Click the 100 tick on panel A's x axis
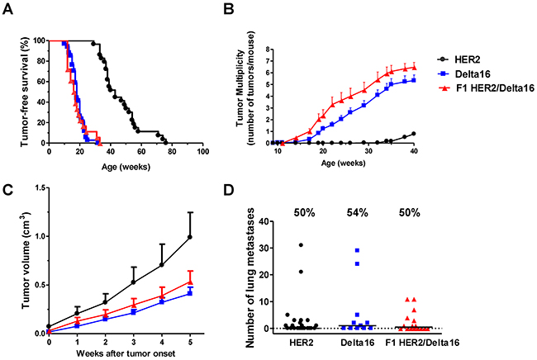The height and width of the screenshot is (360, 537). coord(203,154)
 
